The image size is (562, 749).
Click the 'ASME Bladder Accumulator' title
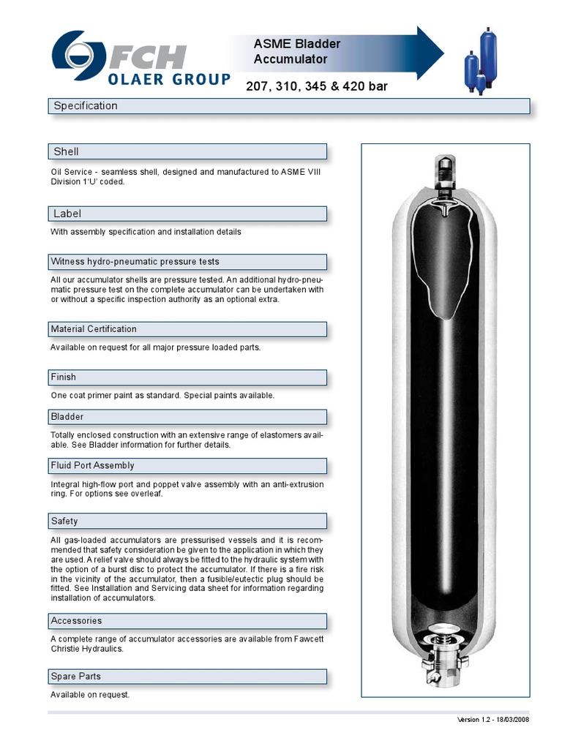click(297, 51)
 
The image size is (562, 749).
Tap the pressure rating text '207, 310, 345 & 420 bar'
click(316, 87)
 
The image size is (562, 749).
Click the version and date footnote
click(492, 720)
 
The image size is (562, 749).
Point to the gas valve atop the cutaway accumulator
click(444, 176)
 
